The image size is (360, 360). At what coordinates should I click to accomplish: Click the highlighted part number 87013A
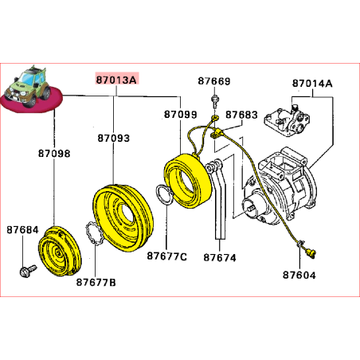(x=115, y=80)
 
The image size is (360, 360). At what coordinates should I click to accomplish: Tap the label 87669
(x=214, y=82)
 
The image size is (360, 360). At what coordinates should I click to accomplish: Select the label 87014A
(x=312, y=84)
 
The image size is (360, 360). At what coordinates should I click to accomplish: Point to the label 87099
(x=180, y=115)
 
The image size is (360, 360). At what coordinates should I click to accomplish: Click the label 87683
(x=241, y=115)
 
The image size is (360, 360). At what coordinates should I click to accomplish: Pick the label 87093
(x=113, y=138)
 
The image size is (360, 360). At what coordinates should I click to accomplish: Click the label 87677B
(x=96, y=282)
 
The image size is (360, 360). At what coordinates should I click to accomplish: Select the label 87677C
(x=166, y=256)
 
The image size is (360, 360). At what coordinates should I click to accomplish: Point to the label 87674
(x=219, y=257)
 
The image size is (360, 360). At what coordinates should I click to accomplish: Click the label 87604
(x=299, y=276)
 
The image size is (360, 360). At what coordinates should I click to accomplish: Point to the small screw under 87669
(x=215, y=101)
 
